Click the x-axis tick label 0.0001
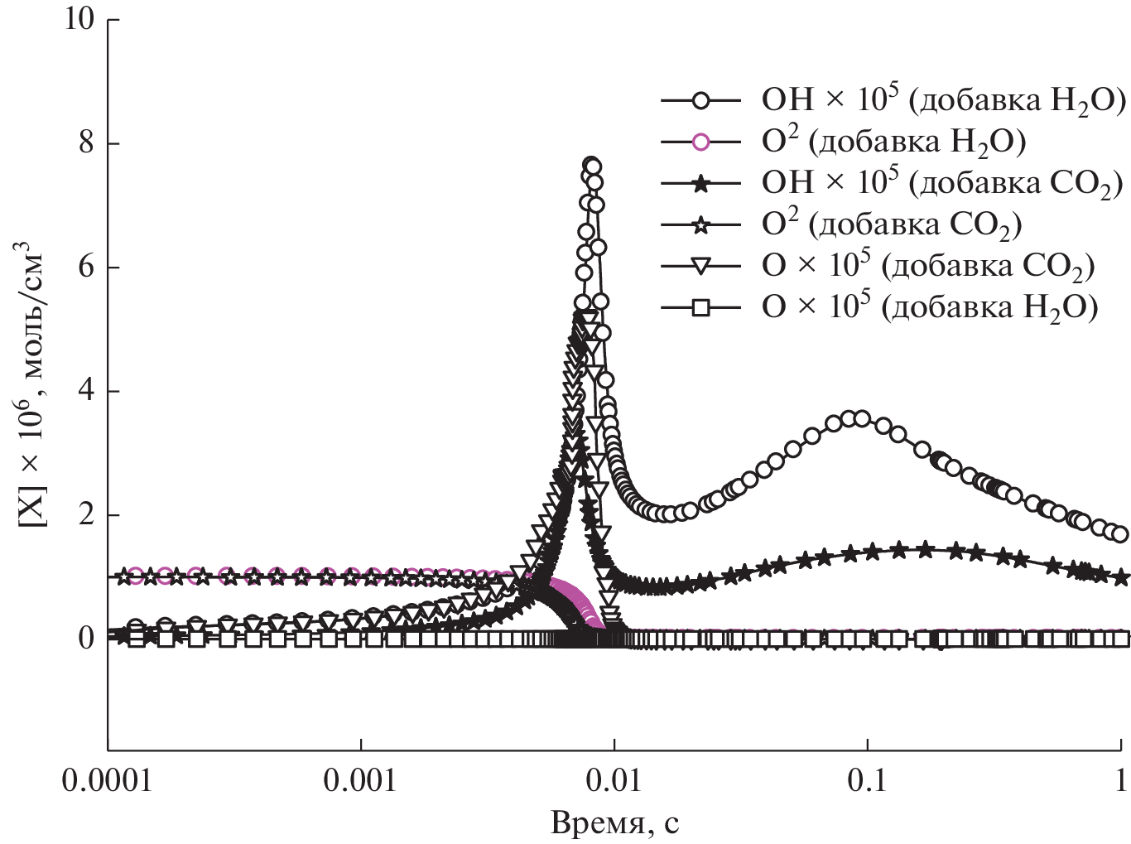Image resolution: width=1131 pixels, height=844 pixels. [x=108, y=781]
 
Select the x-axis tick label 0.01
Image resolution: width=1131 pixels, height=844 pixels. [x=614, y=781]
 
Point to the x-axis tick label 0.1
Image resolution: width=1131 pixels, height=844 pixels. [x=867, y=781]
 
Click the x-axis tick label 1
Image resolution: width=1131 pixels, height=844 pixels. [x=1120, y=781]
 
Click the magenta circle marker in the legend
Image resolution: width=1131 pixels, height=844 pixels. [x=700, y=142]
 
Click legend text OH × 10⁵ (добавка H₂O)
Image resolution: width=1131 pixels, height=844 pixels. [x=942, y=101]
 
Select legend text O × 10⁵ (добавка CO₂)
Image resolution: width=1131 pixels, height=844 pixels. [x=927, y=267]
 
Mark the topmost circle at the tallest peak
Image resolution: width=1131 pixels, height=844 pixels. [x=591, y=166]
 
